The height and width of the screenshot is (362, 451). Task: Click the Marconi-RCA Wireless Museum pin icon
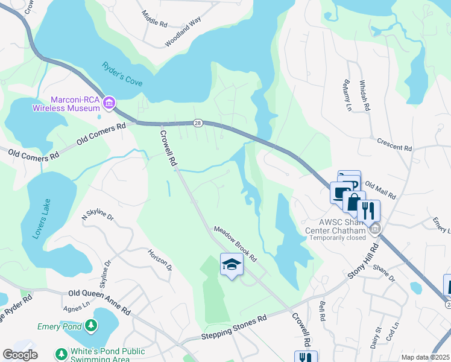click(109, 103)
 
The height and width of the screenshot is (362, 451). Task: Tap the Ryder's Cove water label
click(122, 74)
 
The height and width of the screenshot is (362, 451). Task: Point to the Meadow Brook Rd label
click(235, 244)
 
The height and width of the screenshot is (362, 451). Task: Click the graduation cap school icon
click(232, 264)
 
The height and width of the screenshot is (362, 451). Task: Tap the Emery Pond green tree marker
click(90, 326)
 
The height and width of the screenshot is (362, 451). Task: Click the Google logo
click(20, 355)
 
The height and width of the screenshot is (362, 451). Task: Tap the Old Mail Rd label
click(380, 191)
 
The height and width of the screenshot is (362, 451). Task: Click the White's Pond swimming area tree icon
click(61, 354)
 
